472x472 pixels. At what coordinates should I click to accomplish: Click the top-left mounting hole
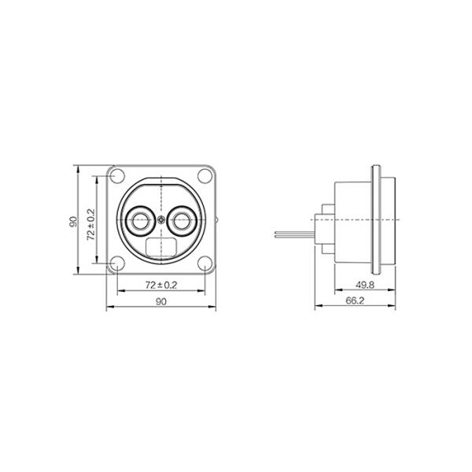pos(117,176)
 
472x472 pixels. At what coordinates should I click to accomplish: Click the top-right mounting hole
pos(205,176)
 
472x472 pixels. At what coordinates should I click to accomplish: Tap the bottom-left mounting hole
pos(117,263)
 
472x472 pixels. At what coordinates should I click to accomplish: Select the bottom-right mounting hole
pos(205,263)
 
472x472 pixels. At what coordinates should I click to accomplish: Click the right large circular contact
pos(182,220)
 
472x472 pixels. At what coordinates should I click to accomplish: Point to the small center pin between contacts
pos(161,220)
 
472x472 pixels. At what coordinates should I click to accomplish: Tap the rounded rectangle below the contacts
pos(160,247)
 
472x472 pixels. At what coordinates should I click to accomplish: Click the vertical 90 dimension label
pos(73,222)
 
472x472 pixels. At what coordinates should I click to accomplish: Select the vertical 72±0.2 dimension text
pos(90,224)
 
